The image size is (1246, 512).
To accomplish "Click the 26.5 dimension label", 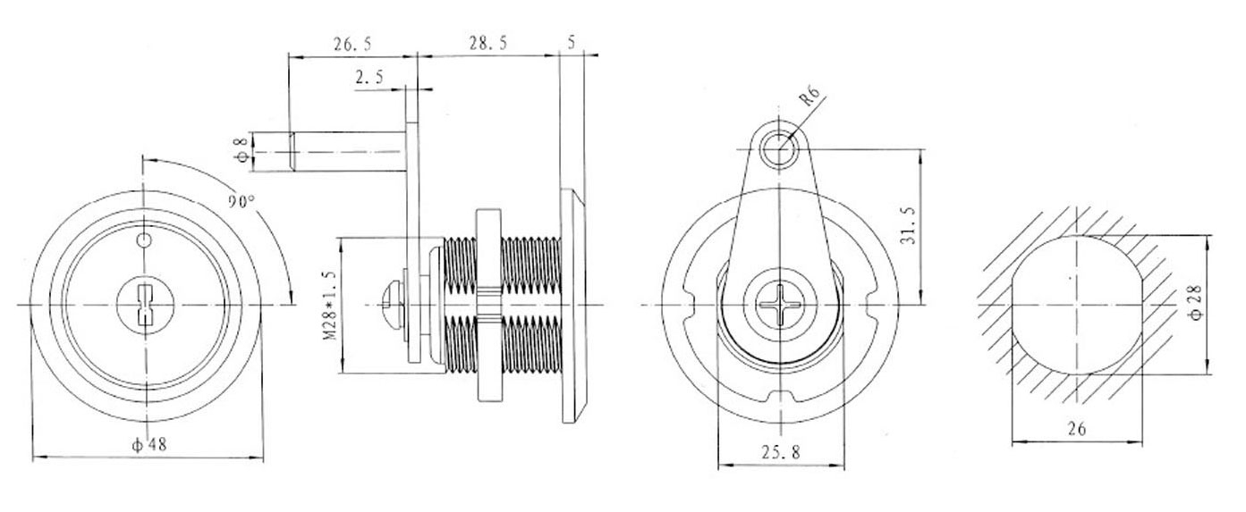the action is (x=352, y=44).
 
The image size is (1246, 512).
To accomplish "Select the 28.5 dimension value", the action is (x=487, y=43).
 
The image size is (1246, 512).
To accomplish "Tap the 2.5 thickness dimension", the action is (x=369, y=77).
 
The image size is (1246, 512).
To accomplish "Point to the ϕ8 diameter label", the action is (x=242, y=150).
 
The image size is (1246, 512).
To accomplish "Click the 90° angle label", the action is (x=241, y=200).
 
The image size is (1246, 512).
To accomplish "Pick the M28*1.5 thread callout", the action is (x=329, y=306).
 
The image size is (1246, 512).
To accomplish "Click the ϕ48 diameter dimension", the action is (x=149, y=444).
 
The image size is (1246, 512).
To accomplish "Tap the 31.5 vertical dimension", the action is (x=908, y=225).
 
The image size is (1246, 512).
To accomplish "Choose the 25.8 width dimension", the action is (x=781, y=452).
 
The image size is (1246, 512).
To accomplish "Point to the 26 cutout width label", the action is (x=1077, y=429).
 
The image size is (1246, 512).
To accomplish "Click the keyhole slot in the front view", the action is (x=145, y=305).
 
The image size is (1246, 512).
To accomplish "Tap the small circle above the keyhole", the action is (x=144, y=240).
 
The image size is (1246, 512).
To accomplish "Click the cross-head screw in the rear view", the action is (x=780, y=305).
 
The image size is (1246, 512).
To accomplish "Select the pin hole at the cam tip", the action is (x=779, y=149).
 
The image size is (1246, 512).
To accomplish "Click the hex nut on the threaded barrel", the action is (x=489, y=306).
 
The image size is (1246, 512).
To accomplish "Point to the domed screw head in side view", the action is (x=392, y=306).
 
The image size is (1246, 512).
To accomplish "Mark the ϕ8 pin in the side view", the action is (x=346, y=151).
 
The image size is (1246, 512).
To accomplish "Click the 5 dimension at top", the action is (x=572, y=43).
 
